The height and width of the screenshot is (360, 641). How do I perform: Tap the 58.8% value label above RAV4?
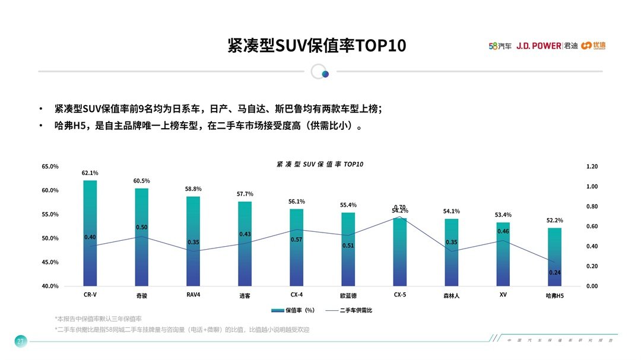tap(193, 189)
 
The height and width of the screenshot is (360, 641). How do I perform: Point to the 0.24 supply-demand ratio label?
tap(554, 272)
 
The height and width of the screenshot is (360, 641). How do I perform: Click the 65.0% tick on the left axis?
tap(50, 167)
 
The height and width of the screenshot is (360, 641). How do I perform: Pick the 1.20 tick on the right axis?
tap(592, 167)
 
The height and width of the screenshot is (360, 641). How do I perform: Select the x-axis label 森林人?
tap(451, 295)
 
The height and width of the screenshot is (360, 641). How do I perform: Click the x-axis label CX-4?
tap(297, 295)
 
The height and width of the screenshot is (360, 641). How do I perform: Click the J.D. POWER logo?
tap(538, 46)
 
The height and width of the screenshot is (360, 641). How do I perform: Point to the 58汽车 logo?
tap(500, 46)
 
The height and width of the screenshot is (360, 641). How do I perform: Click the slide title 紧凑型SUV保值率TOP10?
tap(317, 46)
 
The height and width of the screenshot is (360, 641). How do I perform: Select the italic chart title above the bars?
tap(320, 164)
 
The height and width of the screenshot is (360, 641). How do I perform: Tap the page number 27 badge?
tap(20, 341)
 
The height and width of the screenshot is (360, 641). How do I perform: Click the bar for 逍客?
tap(245, 244)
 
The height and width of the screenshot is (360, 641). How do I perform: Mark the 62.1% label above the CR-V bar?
tap(90, 173)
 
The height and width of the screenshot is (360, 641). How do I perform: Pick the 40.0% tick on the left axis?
tap(50, 286)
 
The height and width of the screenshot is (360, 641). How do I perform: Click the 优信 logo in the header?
tap(594, 46)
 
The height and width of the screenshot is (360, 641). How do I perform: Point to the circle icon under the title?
tap(320, 72)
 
